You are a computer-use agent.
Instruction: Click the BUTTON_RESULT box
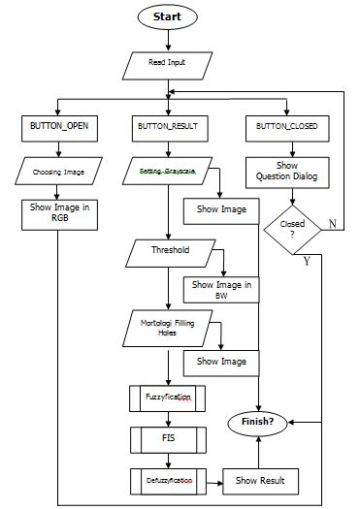(x=170, y=126)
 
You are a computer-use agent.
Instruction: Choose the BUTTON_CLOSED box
(x=286, y=126)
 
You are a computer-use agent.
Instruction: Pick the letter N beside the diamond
(x=331, y=225)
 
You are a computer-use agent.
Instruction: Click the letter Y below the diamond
(x=307, y=261)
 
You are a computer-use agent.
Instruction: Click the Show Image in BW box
(x=221, y=289)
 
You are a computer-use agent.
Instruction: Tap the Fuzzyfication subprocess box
(x=169, y=398)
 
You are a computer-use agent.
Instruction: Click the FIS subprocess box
(x=169, y=438)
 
